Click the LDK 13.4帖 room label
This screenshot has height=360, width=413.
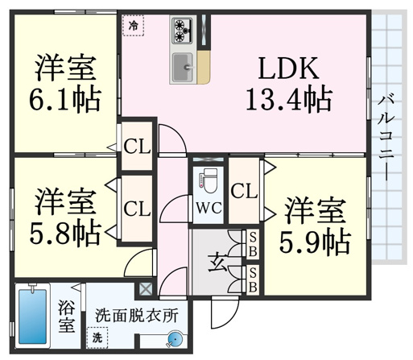289,84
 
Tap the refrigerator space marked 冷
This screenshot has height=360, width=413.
133,26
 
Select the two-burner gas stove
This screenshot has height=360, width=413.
183,31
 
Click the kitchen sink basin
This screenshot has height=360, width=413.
183,67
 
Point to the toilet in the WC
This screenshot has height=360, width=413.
209,180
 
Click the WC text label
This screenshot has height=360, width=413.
209,208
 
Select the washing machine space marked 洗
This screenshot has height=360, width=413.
97,337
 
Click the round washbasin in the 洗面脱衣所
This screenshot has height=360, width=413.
175,339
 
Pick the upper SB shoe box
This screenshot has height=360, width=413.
253,244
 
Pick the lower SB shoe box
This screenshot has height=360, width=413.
253,279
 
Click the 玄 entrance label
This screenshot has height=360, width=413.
217,263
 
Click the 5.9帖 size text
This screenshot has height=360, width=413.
315,242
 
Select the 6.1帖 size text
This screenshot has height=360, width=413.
65,100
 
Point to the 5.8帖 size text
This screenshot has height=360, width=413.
65,233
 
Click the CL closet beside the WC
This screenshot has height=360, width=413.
244,191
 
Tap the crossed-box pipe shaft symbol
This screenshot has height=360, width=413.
146,289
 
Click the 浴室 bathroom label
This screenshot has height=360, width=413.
67,317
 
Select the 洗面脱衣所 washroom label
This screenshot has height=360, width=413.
137,316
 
